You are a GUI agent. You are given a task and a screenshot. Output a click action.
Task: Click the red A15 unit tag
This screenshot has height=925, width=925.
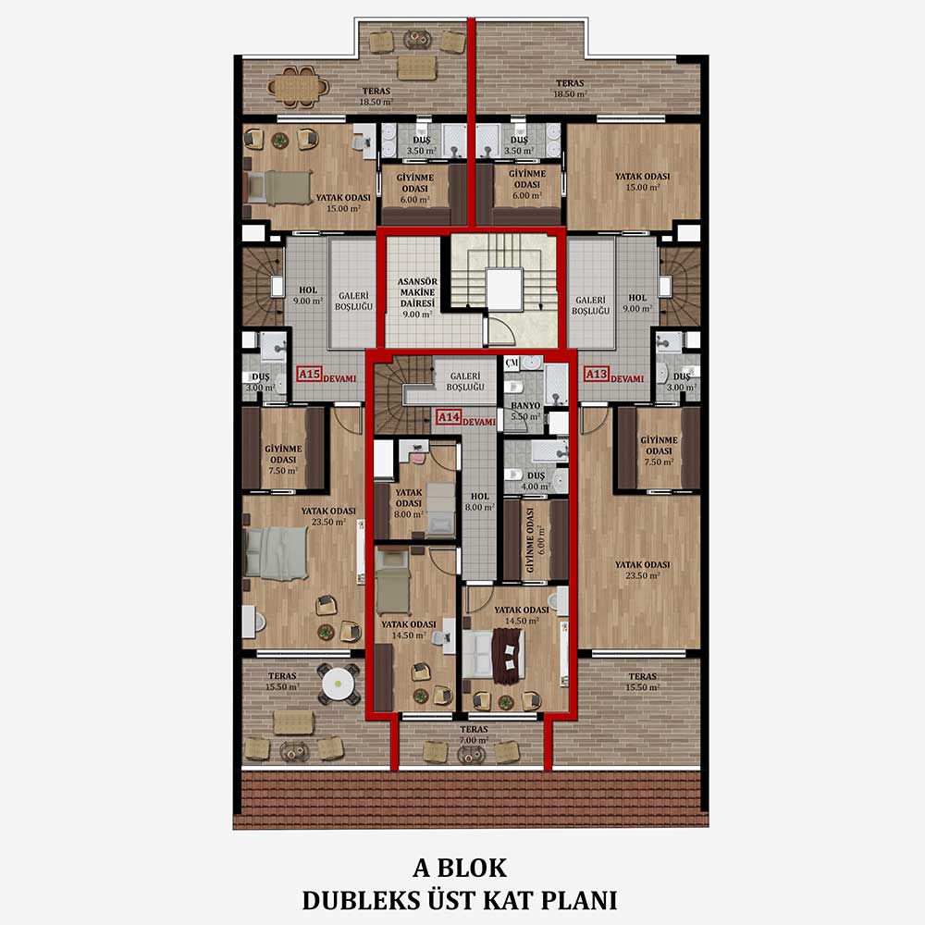click(309, 374)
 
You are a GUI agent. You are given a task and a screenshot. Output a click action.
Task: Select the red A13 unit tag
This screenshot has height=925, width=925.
click(597, 374)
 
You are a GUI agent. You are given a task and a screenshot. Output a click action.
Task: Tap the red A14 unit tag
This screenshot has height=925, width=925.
click(449, 417)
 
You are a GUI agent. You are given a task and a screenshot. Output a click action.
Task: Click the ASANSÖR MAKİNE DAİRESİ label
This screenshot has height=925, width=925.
click(418, 298)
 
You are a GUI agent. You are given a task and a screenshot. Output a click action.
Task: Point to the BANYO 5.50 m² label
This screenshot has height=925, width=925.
click(525, 412)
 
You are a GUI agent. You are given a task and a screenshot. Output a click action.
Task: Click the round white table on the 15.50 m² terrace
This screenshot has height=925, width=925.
click(338, 684)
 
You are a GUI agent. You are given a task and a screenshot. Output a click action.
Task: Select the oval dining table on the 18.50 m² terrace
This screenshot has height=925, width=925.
click(298, 87)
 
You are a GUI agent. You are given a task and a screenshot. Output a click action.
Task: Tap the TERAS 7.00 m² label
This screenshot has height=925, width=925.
click(474, 734)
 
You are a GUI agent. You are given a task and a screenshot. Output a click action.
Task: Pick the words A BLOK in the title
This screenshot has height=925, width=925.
click(460, 868)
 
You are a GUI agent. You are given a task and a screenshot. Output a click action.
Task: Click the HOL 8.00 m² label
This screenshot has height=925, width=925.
click(479, 502)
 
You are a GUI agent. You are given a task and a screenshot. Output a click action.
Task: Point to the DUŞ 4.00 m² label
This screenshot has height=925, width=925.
click(536, 481)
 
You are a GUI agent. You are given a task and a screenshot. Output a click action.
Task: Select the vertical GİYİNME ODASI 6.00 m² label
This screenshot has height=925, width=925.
click(536, 540)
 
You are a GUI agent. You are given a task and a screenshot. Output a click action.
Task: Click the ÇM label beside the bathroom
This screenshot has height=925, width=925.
click(512, 364)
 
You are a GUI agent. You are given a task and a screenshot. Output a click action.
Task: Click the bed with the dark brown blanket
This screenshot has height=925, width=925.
click(494, 654)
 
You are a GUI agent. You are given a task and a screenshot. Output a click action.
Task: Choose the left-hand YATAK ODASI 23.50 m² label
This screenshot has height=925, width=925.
click(328, 516)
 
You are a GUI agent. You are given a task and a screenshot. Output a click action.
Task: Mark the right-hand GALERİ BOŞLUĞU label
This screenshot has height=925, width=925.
click(590, 305)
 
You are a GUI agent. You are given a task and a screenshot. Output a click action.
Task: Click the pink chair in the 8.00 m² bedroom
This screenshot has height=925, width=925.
click(418, 458)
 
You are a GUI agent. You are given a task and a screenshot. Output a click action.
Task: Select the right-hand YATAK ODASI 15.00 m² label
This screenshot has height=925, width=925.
click(643, 181)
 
